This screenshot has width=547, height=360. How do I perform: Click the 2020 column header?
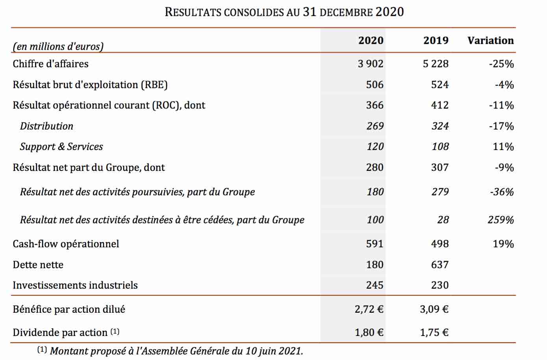pos(371,40)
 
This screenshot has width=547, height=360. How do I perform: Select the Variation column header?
pos(491,40)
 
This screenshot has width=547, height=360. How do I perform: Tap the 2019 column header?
pos(436,40)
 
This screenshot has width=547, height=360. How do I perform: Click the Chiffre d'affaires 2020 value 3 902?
pos(370,64)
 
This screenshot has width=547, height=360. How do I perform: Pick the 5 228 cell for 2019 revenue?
pos(436,64)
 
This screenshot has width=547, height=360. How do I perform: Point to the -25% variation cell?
pos(501,64)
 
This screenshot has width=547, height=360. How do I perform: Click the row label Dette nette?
pos(38,265)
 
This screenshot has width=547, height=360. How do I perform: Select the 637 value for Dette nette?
pos(440,265)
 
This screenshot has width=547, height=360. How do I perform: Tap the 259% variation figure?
pos(501,220)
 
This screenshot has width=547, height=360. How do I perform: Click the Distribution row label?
pos(47,126)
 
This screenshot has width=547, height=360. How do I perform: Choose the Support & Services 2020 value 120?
pos(375,147)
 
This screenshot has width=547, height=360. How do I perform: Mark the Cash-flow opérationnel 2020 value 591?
pos(375,244)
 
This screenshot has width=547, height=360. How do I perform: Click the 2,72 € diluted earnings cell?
pos(369,310)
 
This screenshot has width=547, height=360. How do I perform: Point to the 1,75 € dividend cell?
pos(434,333)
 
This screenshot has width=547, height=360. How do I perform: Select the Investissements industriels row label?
pos(75,285)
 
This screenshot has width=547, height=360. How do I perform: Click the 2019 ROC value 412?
pos(440,105)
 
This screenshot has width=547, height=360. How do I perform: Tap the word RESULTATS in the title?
pos(193,12)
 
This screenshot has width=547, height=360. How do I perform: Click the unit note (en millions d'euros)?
pos(58,46)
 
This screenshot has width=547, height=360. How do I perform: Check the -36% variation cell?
pos(502,192)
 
